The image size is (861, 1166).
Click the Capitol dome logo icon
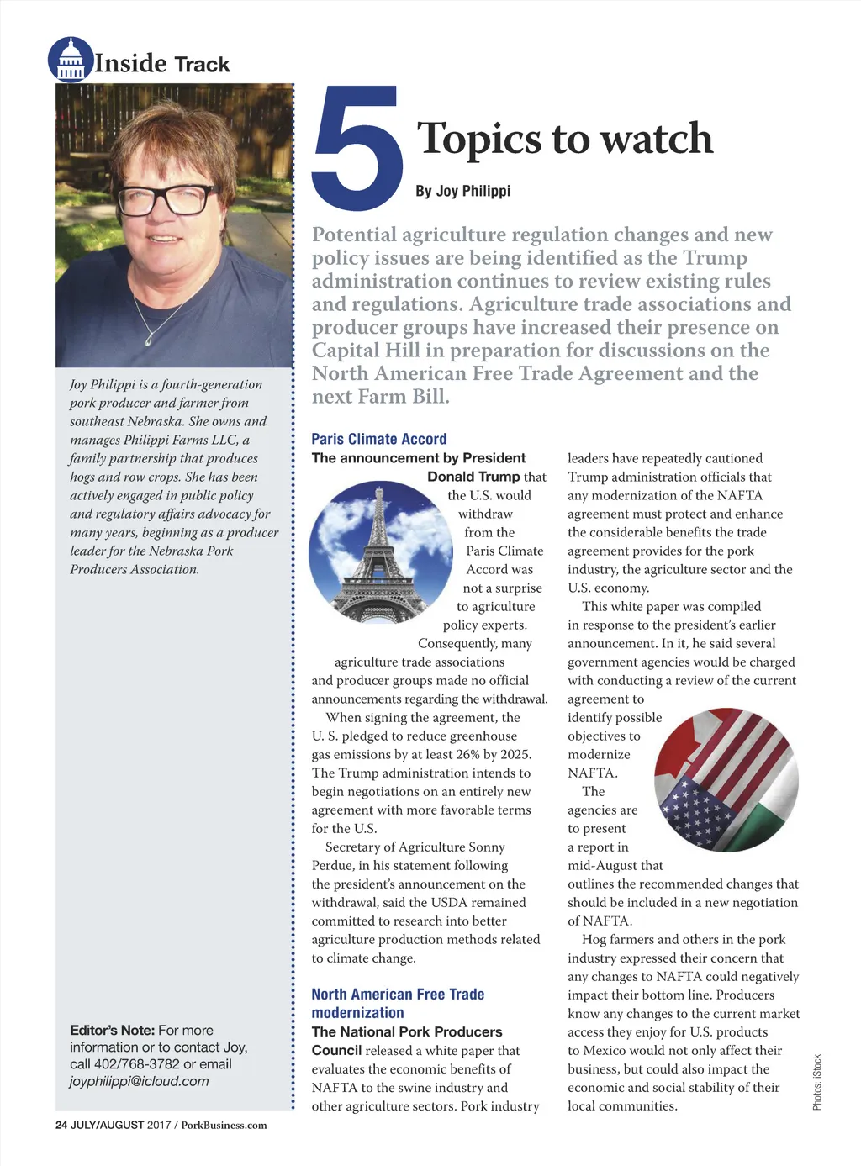(71, 60)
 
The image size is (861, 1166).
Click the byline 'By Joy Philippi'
(462, 191)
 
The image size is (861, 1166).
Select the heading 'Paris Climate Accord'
(379, 439)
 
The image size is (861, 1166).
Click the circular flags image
(726, 779)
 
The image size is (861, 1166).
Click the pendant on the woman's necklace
(148, 339)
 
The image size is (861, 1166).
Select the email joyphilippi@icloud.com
(140, 1081)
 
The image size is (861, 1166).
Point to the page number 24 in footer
(61, 1125)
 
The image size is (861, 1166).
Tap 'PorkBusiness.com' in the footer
(224, 1125)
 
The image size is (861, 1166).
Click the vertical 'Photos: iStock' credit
(817, 1082)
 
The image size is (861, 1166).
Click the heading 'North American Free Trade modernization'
(398, 1004)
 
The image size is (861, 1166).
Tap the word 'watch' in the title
(656, 139)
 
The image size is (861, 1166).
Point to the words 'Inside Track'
(162, 64)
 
